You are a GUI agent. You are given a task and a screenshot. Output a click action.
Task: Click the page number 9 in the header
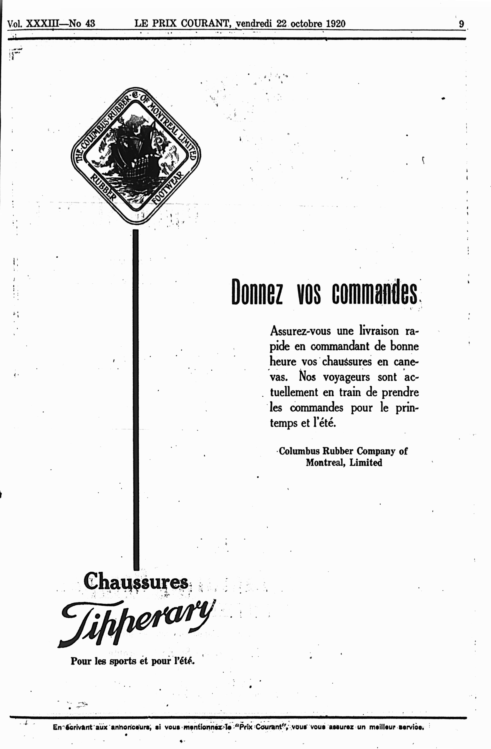(461, 24)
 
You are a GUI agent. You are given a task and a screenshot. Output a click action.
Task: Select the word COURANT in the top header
(206, 24)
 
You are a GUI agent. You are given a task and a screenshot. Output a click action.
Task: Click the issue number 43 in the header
(90, 24)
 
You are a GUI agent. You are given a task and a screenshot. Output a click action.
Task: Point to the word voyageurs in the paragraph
(346, 377)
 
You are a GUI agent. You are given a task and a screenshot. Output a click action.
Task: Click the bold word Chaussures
(136, 582)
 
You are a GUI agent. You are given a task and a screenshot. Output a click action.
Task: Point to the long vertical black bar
(136, 400)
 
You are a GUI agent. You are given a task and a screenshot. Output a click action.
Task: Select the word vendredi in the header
(254, 24)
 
